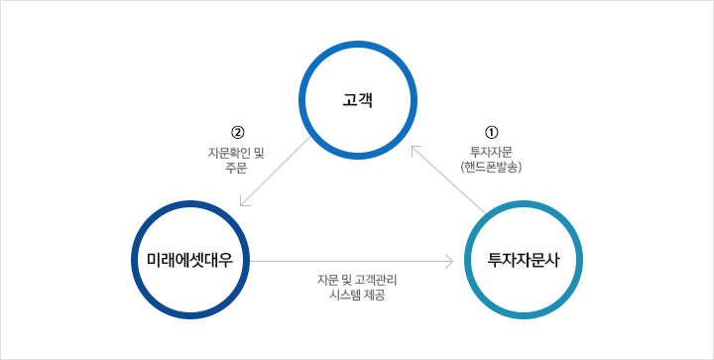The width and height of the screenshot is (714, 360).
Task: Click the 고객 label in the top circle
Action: [x=357, y=100]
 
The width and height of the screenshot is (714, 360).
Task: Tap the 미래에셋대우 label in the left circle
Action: [x=190, y=260]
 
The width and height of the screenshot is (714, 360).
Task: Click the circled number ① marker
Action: [x=491, y=132]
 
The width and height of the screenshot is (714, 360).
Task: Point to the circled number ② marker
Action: [x=237, y=132]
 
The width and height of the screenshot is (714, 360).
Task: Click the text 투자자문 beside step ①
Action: [x=491, y=152]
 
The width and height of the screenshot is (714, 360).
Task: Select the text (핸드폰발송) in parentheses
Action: [x=491, y=168]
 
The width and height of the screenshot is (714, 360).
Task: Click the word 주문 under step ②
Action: [x=236, y=168]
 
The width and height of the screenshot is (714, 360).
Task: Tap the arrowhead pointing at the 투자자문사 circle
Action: [x=450, y=261]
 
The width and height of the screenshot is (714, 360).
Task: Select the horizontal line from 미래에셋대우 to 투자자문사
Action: [x=347, y=261]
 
